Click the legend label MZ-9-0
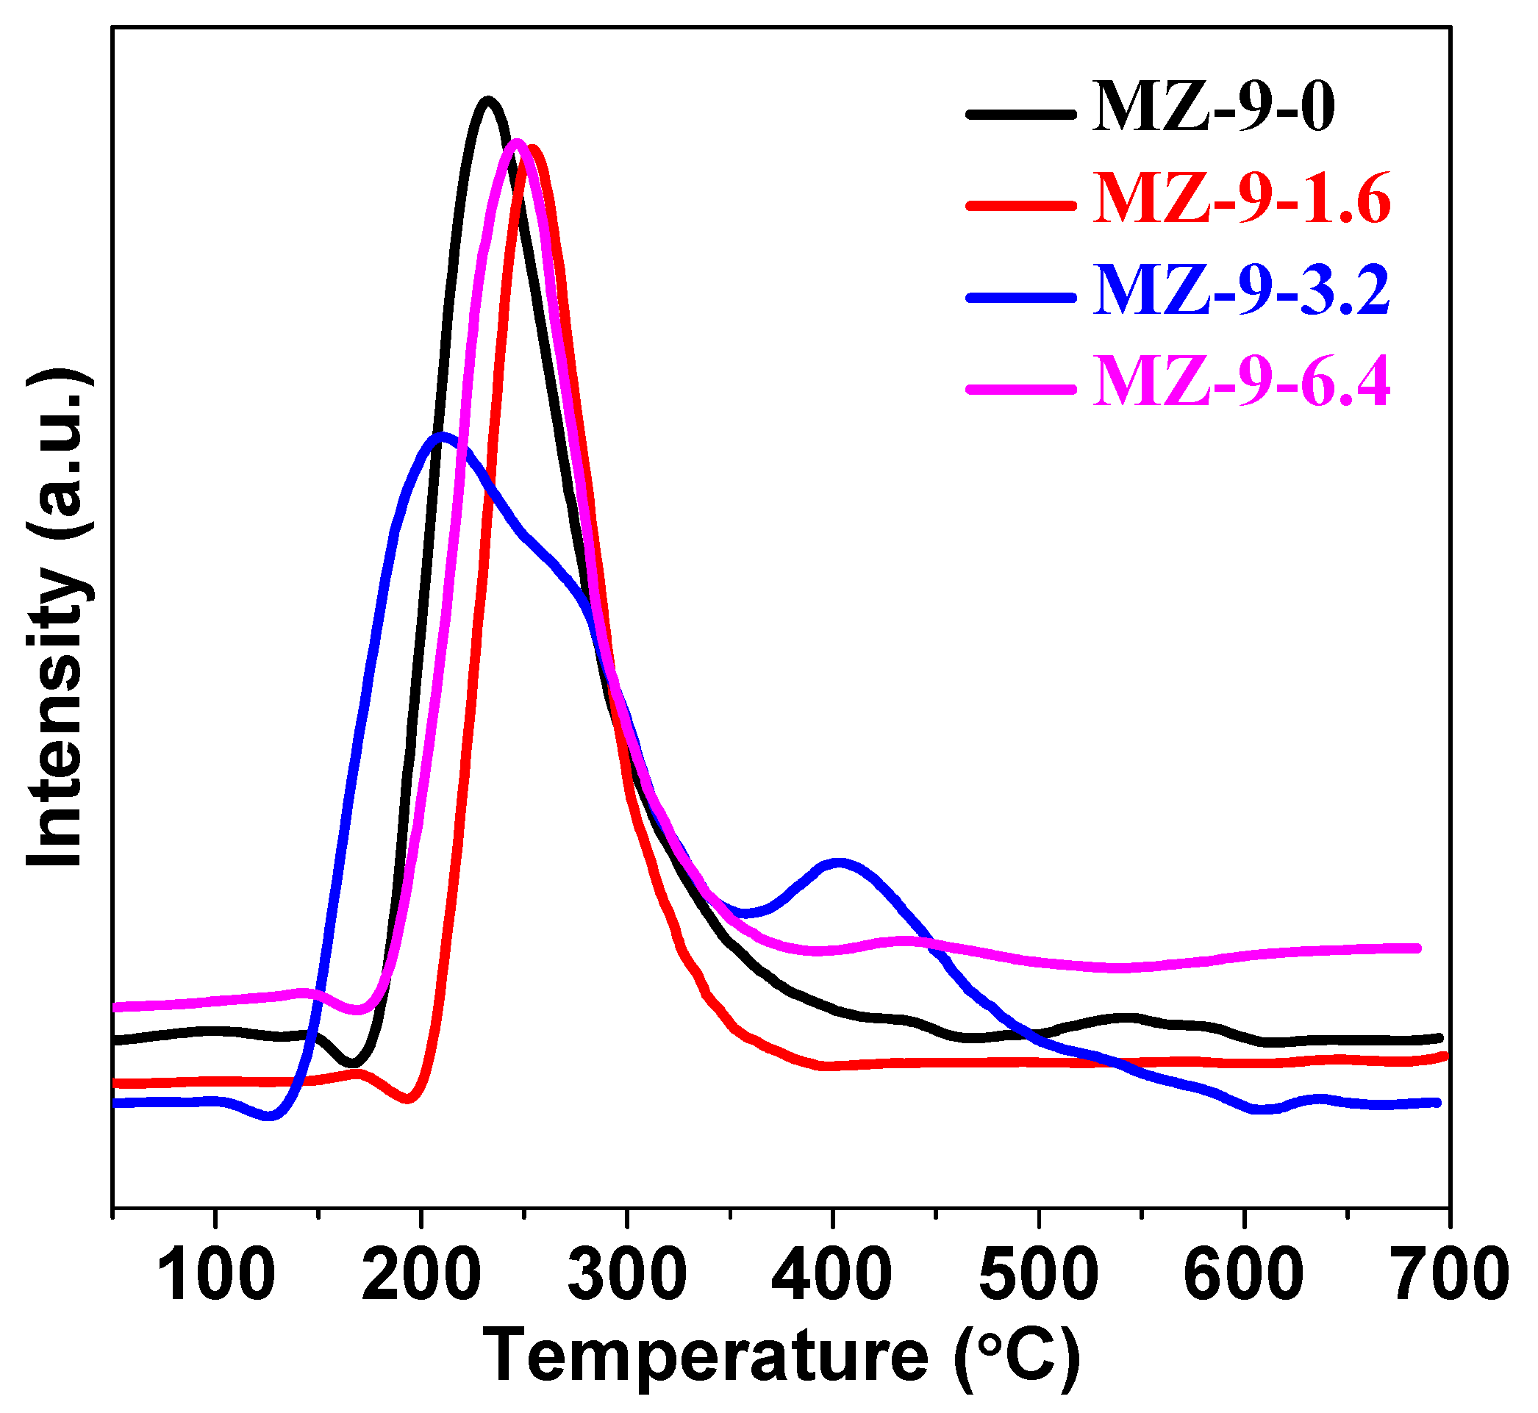click(1215, 109)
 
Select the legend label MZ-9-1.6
click(1242, 199)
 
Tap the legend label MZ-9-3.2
click(1242, 291)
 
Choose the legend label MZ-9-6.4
click(1242, 382)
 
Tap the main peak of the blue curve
click(441, 437)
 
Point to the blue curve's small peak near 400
click(840, 863)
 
